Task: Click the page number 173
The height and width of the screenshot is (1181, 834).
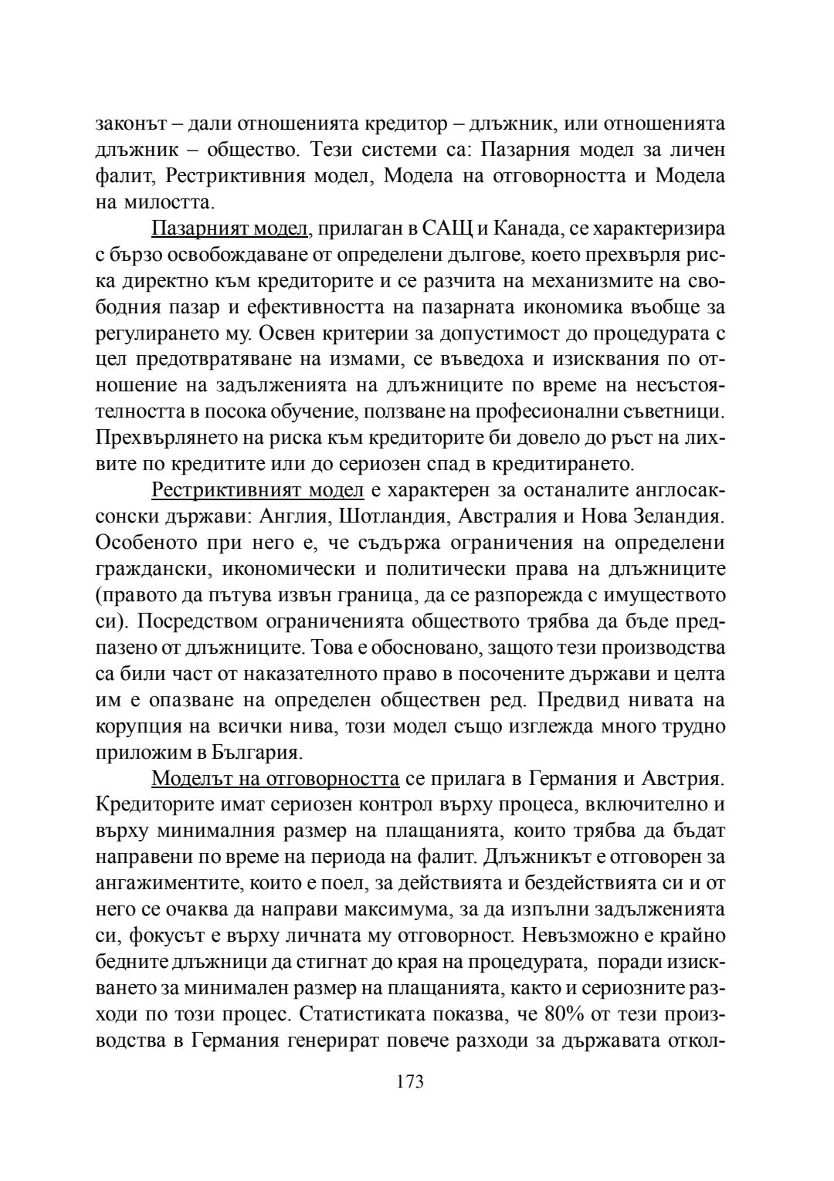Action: click(x=410, y=1081)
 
